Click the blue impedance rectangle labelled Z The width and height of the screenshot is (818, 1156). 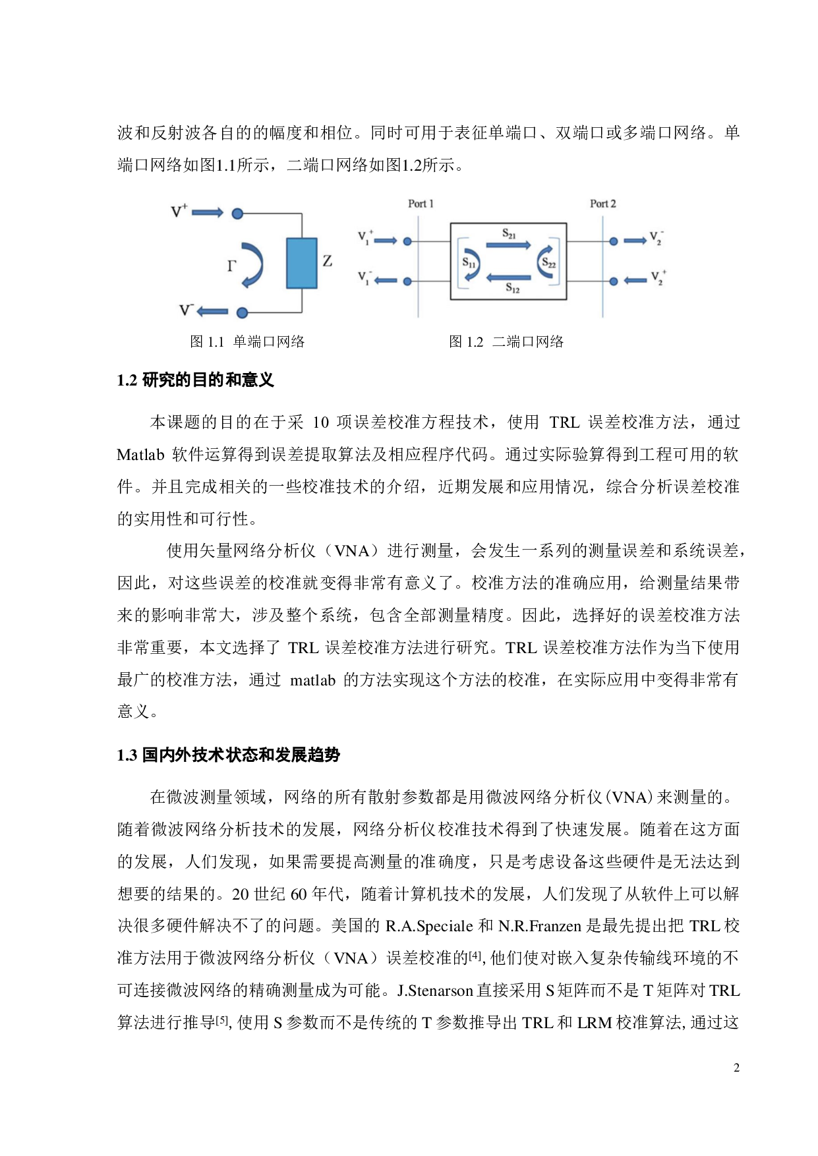301,263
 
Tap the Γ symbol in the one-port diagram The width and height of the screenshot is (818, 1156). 231,266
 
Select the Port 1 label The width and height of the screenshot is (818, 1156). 421,204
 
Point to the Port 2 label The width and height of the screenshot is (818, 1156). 602,204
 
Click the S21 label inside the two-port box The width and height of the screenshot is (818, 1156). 509,233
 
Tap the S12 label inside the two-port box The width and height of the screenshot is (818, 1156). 512,288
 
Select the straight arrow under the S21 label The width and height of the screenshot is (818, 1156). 508,245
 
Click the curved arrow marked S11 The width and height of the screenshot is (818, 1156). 471,264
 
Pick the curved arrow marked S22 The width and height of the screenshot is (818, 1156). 546,263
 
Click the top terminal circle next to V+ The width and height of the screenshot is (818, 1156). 237,214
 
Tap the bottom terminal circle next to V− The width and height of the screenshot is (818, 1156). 242,312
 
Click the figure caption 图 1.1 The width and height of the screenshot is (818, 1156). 207,341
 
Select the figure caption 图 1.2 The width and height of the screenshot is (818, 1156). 466,341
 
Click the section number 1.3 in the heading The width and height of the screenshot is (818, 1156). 127,755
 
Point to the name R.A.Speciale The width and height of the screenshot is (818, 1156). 429,926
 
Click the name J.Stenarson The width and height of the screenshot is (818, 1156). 435,991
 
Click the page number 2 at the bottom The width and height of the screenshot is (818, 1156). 736,1068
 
